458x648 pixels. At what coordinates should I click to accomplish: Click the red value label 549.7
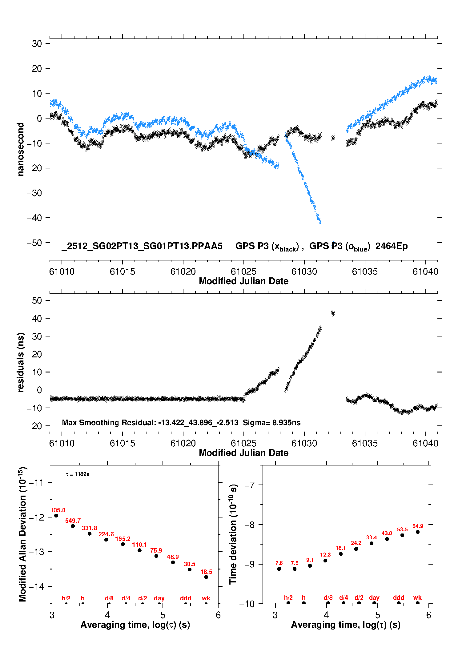pos(73,521)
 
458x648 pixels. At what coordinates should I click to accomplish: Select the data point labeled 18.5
pos(206,577)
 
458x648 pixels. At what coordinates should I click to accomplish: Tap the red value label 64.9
pos(418,526)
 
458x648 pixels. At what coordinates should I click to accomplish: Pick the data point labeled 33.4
pos(372,543)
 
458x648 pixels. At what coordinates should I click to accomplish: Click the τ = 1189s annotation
pos(78,474)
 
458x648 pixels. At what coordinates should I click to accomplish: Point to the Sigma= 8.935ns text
pos(271,422)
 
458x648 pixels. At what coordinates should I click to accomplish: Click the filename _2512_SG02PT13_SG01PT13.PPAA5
pos(142,246)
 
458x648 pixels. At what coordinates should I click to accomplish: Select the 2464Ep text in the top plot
pos(392,246)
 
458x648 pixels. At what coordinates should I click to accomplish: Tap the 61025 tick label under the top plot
pos(243,272)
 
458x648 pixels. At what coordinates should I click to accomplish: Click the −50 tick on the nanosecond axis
pos(34,243)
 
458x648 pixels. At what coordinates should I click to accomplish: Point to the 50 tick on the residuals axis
pos(37,300)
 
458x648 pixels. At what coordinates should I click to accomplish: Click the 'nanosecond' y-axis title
pos(20,149)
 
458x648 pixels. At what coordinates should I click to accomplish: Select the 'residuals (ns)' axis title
pos(20,362)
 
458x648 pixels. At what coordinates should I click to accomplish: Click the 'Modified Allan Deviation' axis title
pos(22,534)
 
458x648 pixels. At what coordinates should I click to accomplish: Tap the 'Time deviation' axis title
pos(233,534)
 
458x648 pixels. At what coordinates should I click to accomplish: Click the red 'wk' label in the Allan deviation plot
pos(206,598)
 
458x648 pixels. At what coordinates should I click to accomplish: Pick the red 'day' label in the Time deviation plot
pos(374,598)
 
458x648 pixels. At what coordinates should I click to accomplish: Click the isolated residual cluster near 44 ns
pos(333,313)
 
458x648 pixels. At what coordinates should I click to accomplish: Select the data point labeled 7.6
pos(279,569)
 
